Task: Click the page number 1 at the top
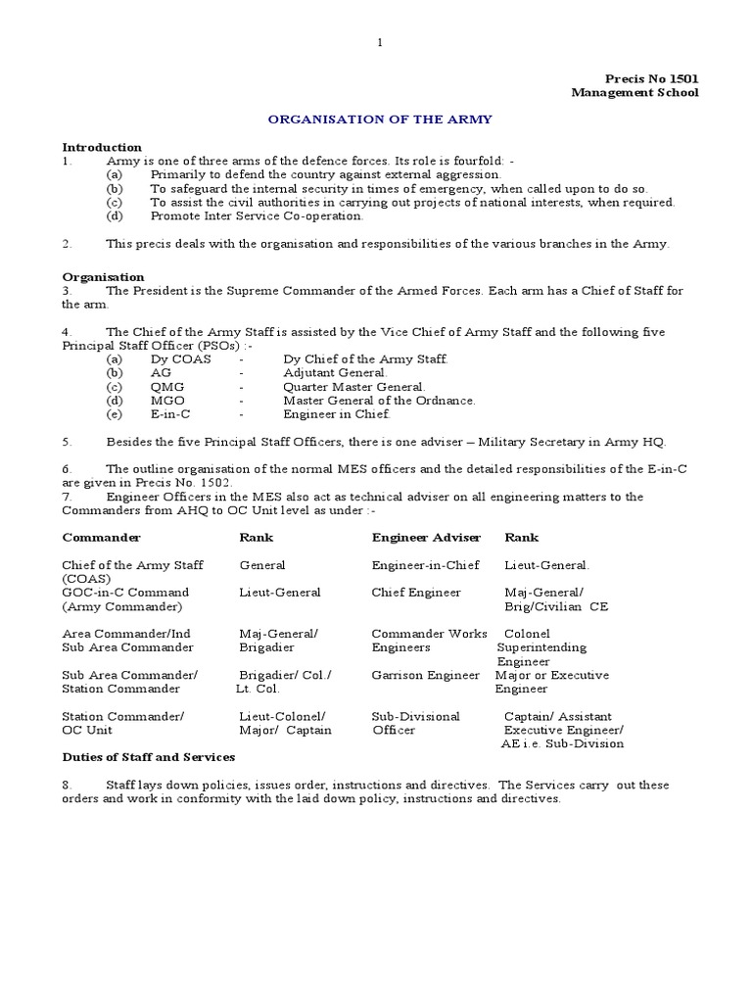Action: (380, 42)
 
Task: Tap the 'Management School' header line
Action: (635, 93)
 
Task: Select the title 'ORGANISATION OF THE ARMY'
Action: (381, 119)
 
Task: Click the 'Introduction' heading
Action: (102, 147)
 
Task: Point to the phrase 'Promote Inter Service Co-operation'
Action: (257, 215)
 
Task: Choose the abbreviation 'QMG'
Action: (166, 387)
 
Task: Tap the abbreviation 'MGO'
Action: (167, 401)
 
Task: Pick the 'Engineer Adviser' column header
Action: (426, 537)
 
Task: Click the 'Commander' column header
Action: (101, 537)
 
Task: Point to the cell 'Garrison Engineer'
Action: (426, 675)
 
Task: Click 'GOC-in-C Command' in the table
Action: (125, 593)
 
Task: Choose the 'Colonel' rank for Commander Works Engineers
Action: (527, 634)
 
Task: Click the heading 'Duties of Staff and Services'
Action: (149, 757)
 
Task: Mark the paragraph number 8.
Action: (67, 785)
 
